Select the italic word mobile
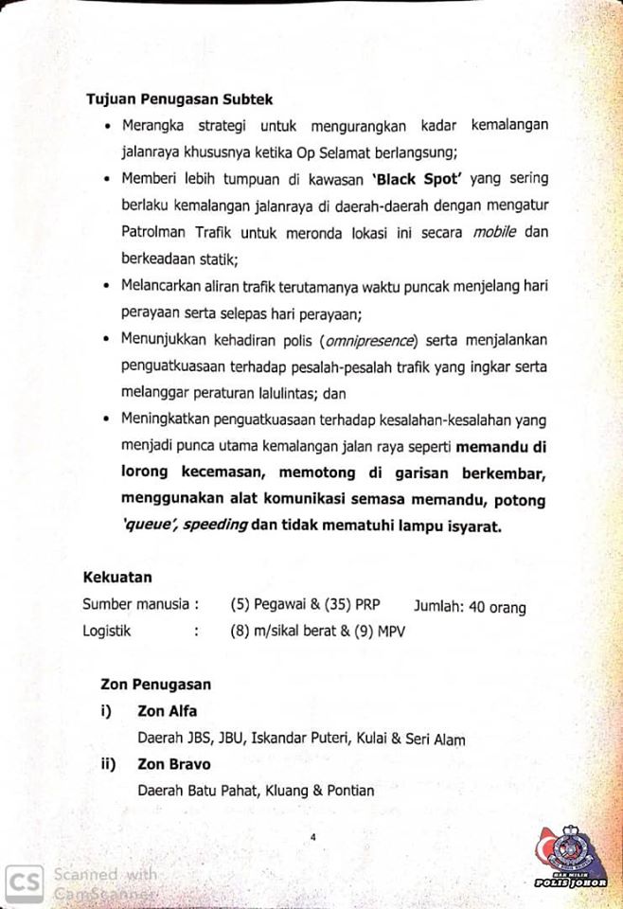[x=489, y=231]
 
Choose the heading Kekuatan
[x=117, y=576]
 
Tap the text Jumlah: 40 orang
[x=470, y=606]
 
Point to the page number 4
[x=312, y=837]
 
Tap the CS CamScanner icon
[x=23, y=882]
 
